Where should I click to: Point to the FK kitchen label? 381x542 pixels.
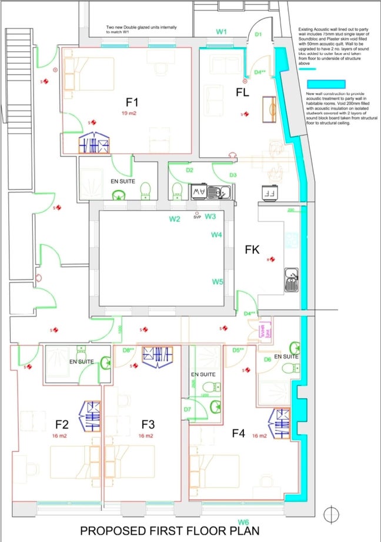click(252, 250)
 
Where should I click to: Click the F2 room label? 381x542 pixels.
click(62, 424)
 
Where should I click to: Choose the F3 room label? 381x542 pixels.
click(148, 424)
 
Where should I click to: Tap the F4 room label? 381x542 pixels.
click(238, 434)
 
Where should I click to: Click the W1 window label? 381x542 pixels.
click(221, 32)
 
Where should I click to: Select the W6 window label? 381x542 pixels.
click(243, 522)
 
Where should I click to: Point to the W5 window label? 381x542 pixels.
click(218, 282)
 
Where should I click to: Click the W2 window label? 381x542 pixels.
click(175, 220)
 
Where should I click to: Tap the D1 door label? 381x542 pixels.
click(258, 35)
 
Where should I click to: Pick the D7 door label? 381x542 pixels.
click(187, 409)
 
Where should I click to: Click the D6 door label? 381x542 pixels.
click(268, 359)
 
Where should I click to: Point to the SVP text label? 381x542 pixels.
click(197, 217)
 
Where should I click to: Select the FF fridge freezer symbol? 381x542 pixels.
click(270, 192)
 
